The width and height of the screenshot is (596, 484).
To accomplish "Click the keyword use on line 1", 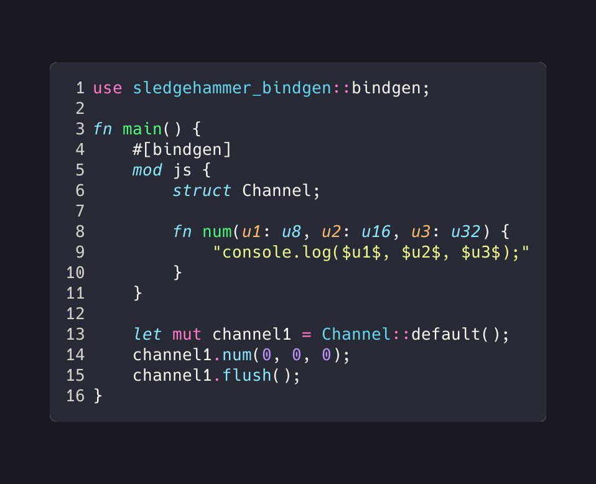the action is point(108,88).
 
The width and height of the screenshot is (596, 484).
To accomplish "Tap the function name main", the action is point(142,129).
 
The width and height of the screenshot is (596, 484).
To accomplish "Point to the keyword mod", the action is point(147,170).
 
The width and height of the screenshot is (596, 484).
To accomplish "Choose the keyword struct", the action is point(202,191).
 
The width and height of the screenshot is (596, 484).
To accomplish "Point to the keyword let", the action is point(147,335).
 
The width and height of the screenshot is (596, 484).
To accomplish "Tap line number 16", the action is point(75,396).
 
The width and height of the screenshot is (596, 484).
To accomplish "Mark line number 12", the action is point(75,314).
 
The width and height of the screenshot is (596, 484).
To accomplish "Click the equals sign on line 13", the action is point(306,335).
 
